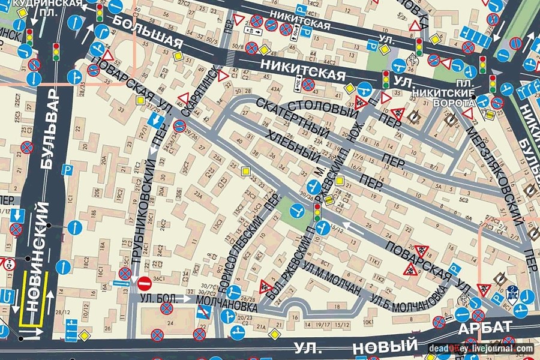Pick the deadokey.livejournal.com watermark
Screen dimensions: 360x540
click(x=481, y=348)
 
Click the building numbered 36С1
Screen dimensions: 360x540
click(x=159, y=278)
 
